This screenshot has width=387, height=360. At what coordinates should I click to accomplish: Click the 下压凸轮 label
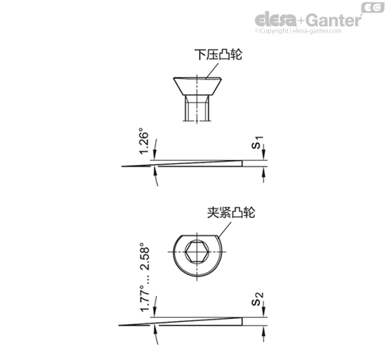pos(218,55)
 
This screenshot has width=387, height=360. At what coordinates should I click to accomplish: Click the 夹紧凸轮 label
pos(231,213)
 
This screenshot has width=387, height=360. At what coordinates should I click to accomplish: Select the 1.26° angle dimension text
pos(144,141)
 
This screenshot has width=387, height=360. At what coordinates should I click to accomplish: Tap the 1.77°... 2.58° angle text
pos(145,278)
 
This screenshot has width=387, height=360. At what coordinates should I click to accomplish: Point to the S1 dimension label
pos(257,143)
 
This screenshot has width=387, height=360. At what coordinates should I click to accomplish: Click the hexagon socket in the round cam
pos(197,251)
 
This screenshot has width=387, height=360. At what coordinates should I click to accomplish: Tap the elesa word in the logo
pos(275,20)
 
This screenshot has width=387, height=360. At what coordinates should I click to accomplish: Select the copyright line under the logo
pos(298,31)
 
